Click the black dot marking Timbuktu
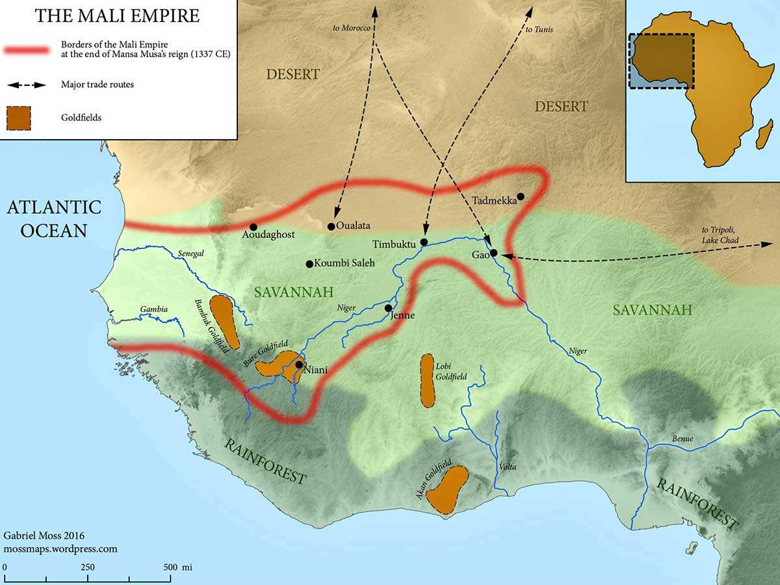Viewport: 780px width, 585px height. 424,242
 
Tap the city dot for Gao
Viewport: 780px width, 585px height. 494,253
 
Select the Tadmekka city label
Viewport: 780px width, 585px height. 495,200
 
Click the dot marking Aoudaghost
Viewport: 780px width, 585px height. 253,227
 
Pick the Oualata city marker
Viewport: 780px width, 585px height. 331,227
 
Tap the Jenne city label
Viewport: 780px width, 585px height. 402,316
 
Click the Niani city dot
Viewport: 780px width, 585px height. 298,365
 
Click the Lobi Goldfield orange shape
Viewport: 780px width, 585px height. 427,380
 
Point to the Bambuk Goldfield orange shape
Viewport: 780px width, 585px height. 224,321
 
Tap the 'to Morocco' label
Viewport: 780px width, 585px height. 352,29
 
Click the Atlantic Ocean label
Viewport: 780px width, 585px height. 55,219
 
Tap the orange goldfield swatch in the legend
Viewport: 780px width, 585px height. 19,118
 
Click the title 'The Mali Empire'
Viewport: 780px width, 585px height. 118,16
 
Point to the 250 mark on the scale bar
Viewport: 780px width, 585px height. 87,567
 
